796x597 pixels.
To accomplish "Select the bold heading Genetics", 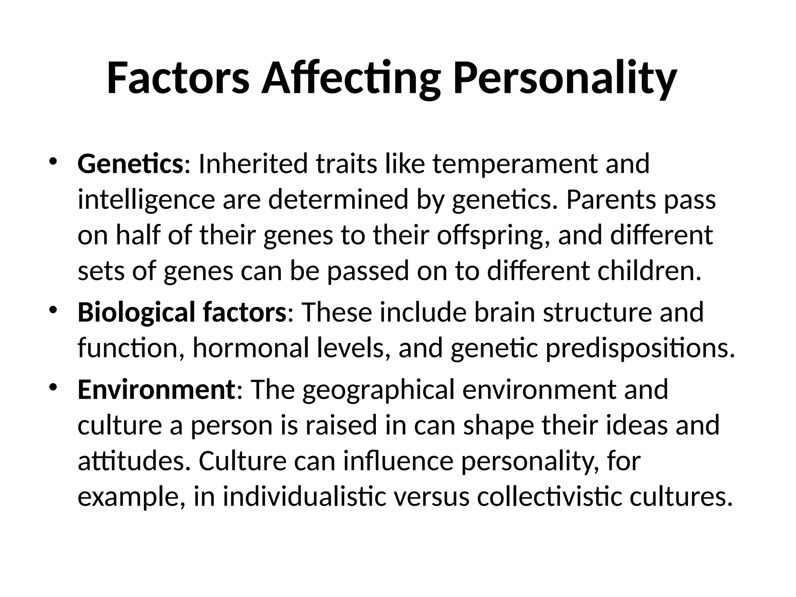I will click(x=130, y=164).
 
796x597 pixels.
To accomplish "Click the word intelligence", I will click(x=146, y=200).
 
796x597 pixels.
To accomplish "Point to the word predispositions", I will click(x=640, y=348).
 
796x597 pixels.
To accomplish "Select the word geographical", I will click(x=378, y=390).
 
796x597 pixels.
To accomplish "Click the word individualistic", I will click(x=305, y=497).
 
